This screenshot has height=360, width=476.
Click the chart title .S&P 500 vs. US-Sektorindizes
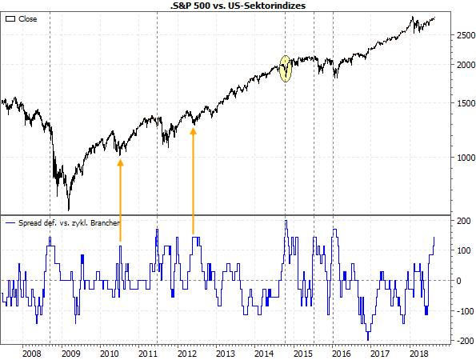pos(238,6)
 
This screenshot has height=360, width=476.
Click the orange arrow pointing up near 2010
pos(121,200)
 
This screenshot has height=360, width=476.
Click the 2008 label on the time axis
pos(31,352)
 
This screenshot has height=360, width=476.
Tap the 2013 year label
pos(225,352)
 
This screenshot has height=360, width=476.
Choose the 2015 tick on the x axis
pos(302,352)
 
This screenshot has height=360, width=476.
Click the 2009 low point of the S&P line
pos(68,210)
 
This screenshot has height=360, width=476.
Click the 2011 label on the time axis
pos(147,352)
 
